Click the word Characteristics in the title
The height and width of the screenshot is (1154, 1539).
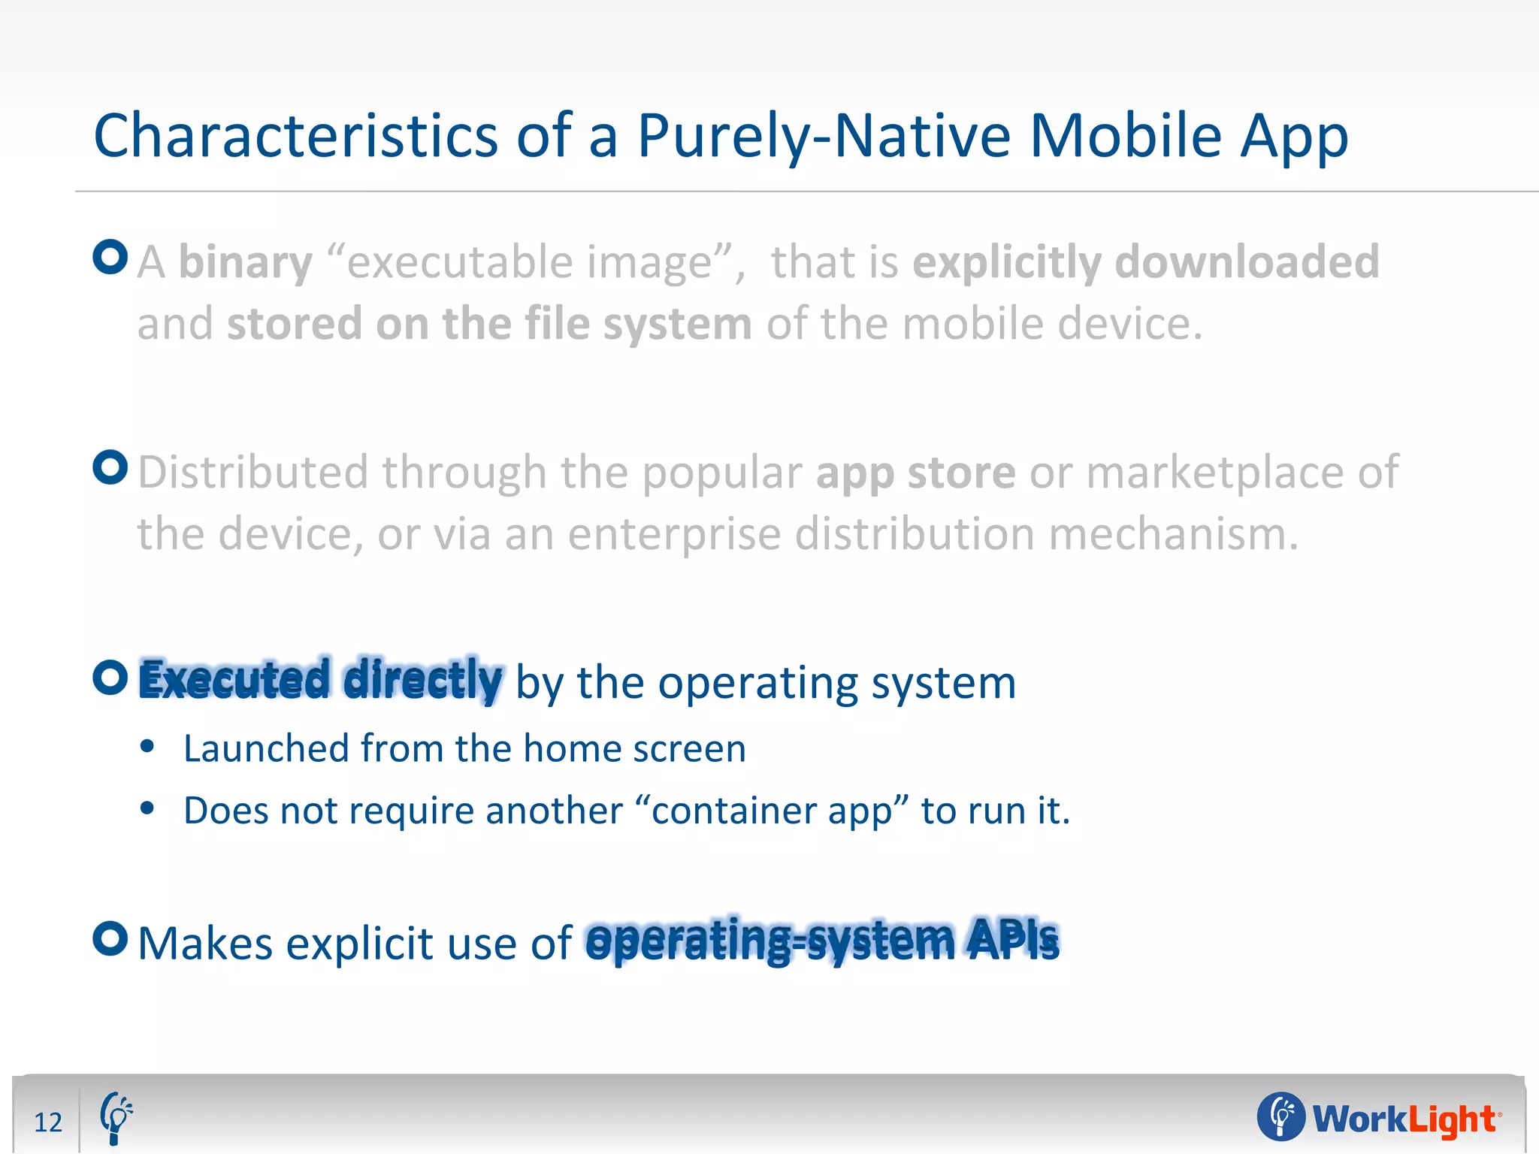point(295,136)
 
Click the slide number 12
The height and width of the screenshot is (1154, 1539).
point(48,1122)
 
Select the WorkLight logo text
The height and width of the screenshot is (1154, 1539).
point(1404,1119)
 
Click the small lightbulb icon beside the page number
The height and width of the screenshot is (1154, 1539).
point(116,1118)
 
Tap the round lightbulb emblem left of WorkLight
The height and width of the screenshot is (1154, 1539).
point(1280,1116)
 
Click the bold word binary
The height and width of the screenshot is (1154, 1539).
point(245,262)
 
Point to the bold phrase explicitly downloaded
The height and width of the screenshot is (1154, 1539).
point(1145,262)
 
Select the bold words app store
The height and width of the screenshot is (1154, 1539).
point(915,473)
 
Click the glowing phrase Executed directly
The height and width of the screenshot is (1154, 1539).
point(320,680)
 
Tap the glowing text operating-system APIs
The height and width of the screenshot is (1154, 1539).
point(822,941)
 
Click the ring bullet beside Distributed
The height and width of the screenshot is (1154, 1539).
point(110,467)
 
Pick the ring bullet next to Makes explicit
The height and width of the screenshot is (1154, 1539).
point(110,938)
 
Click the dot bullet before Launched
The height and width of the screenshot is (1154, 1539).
point(147,747)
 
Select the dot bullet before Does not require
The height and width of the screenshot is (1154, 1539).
point(147,808)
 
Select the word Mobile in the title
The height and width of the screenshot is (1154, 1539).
point(1125,136)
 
